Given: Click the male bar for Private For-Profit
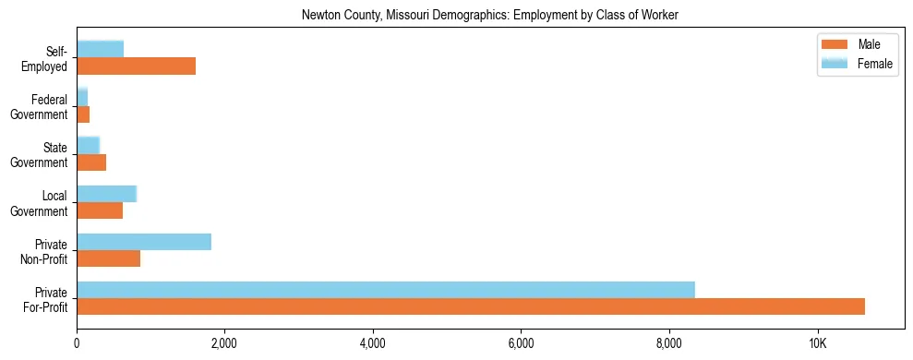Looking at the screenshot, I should click(471, 306).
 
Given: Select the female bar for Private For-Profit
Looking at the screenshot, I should click(386, 290).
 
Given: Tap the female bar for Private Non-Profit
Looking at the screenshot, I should click(144, 242).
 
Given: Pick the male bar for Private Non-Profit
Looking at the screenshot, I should click(109, 258).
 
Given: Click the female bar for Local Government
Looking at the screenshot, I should click(106, 194).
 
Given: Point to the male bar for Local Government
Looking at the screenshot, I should click(100, 210).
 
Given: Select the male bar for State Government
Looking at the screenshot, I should click(91, 162).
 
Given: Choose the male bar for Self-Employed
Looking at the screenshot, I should click(136, 66).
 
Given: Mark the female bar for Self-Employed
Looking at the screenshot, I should click(100, 49).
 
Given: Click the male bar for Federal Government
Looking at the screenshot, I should click(83, 114).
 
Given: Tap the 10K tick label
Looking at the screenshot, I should click(817, 343).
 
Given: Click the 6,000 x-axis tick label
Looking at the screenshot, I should click(521, 343).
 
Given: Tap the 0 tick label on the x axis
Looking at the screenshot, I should click(77, 343).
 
